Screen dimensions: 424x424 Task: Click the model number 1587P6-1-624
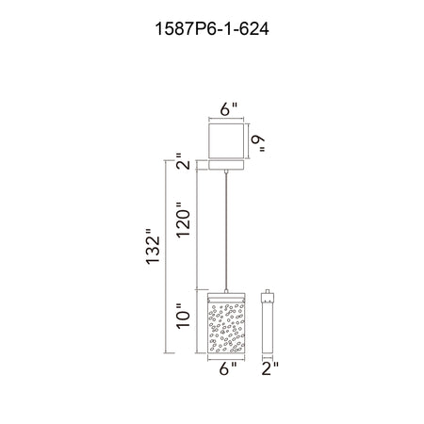point(212,29)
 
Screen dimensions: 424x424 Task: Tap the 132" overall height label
point(154,246)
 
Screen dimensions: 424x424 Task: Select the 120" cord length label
point(184,220)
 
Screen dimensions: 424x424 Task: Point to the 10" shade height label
point(184,317)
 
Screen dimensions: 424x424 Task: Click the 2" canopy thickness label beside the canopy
point(183,161)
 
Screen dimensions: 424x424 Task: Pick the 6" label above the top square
point(228,109)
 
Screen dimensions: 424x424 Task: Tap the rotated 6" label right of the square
point(258,144)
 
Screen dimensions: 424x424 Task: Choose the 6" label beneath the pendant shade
point(228,368)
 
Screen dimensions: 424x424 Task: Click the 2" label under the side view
point(270,368)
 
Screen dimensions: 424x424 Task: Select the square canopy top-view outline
point(226,140)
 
